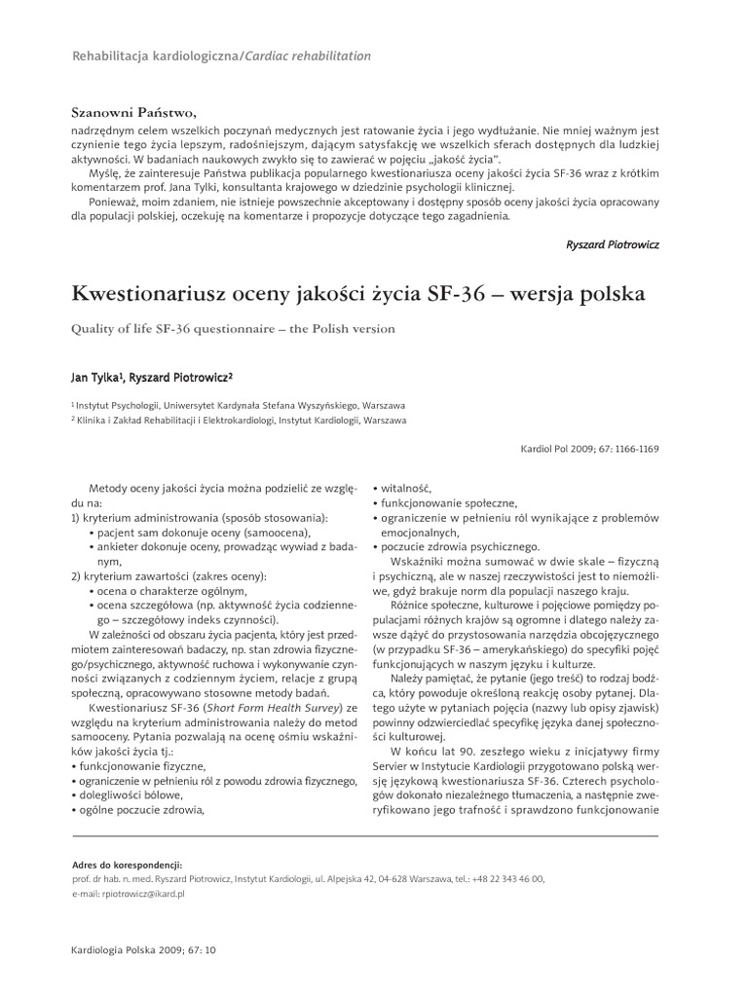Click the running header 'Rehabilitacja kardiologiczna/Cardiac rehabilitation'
click(x=222, y=56)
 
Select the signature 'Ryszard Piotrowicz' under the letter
click(x=612, y=244)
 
